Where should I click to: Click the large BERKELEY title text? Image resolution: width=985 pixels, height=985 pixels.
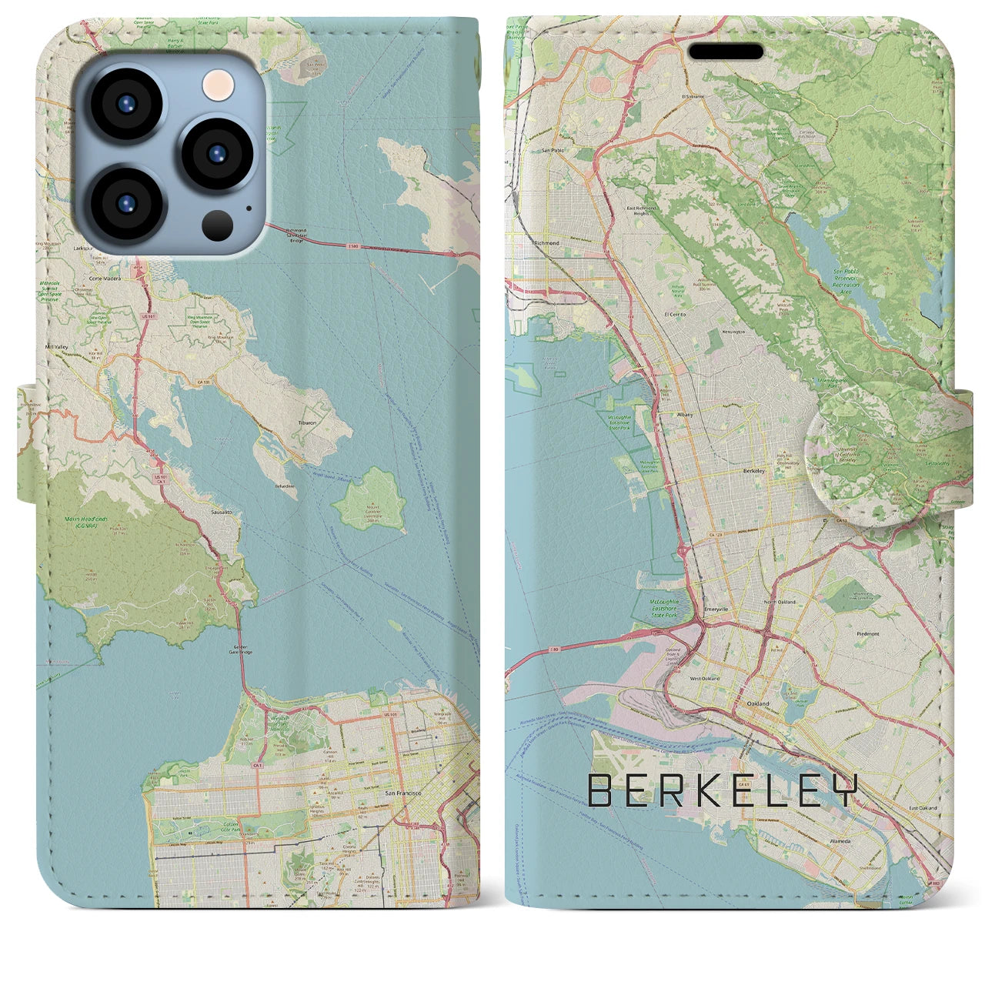722,791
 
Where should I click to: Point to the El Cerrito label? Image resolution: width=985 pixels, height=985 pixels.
675,314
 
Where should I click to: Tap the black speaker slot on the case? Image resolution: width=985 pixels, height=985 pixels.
726,52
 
